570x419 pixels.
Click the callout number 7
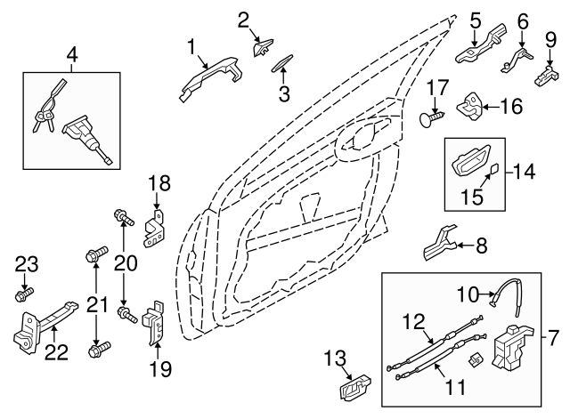(553, 338)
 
